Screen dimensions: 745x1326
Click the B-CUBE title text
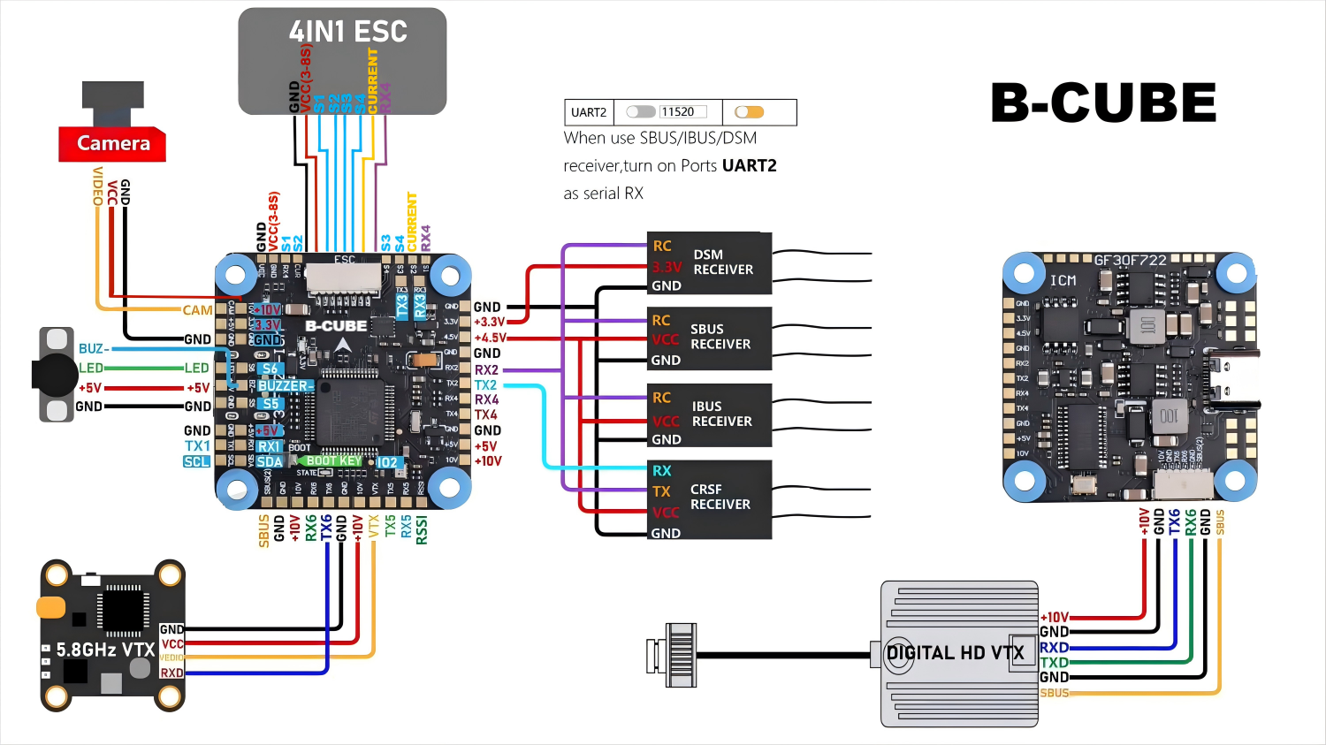pyautogui.click(x=1102, y=103)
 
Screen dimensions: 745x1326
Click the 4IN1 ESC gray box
pyautogui.click(x=343, y=60)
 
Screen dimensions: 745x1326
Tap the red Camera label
pyautogui.click(x=112, y=143)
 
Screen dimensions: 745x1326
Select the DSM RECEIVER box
pyautogui.click(x=710, y=262)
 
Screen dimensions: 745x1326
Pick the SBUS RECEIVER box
pyautogui.click(x=710, y=337)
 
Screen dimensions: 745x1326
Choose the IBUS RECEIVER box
pyautogui.click(x=710, y=414)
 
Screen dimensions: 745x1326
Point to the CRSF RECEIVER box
pyautogui.click(x=710, y=498)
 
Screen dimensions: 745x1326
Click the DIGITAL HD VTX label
pyautogui.click(x=955, y=653)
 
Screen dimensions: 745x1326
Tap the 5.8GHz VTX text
pyautogui.click(x=105, y=650)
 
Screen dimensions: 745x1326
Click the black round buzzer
pyautogui.click(x=55, y=375)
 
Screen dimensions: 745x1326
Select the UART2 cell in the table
pyautogui.click(x=589, y=112)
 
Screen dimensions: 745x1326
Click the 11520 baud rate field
pyautogui.click(x=682, y=112)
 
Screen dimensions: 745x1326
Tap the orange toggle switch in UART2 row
pyautogui.click(x=749, y=112)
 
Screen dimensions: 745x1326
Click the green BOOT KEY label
pyautogui.click(x=332, y=460)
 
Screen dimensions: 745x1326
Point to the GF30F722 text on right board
pyautogui.click(x=1130, y=260)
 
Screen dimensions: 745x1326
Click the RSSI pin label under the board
pyautogui.click(x=422, y=529)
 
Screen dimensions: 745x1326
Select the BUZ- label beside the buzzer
pyautogui.click(x=94, y=348)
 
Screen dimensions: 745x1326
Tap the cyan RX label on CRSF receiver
pyautogui.click(x=661, y=471)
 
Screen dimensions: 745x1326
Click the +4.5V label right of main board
pyautogui.click(x=490, y=338)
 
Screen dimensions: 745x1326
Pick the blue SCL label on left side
pyautogui.click(x=196, y=461)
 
